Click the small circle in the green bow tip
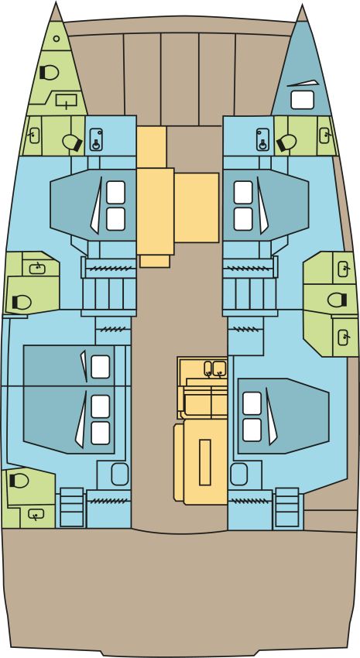[57, 38]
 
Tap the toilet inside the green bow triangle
[49, 72]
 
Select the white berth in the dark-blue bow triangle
[301, 98]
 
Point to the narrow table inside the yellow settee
[204, 461]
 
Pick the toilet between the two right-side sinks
[337, 300]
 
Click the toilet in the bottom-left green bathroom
[18, 481]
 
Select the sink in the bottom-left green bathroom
[34, 513]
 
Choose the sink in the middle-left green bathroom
[36, 269]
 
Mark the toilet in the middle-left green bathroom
[21, 302]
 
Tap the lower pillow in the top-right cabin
[243, 218]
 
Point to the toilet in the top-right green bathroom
[286, 141]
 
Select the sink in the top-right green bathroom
[326, 136]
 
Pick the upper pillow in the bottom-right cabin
[252, 402]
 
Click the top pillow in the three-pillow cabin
[101, 366]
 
